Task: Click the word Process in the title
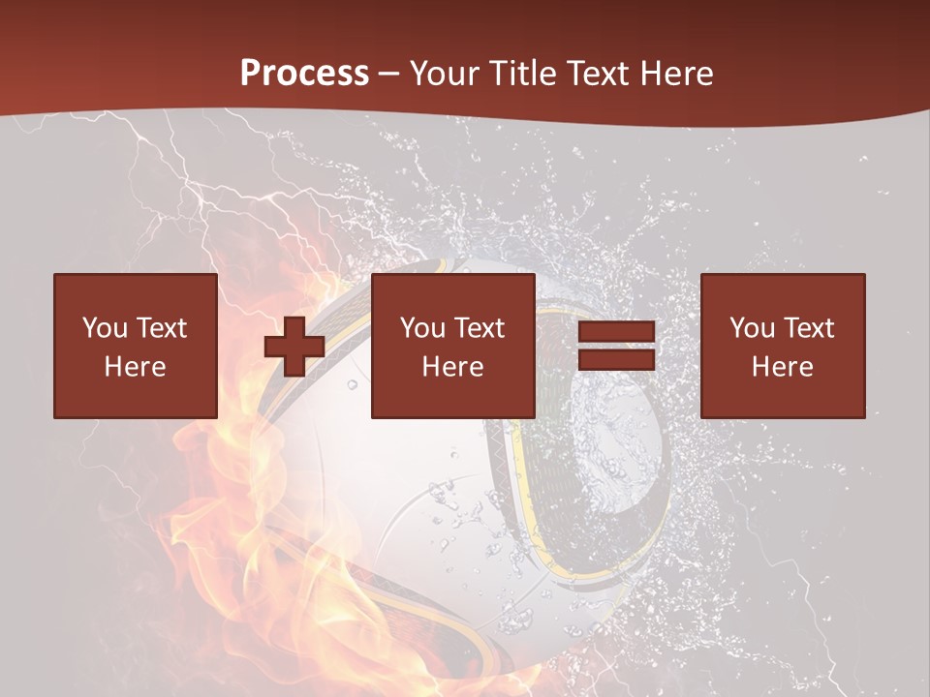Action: click(x=304, y=74)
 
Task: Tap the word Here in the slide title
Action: click(x=678, y=74)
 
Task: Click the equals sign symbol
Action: click(x=616, y=346)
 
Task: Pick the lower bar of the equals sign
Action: click(x=616, y=359)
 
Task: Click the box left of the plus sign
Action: click(x=135, y=346)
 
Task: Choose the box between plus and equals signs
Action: click(x=452, y=346)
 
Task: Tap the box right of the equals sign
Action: click(x=782, y=346)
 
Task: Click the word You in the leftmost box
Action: click(x=104, y=328)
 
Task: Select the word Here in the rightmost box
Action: click(x=782, y=367)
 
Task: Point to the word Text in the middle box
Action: click(x=479, y=328)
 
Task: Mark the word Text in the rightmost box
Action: click(x=808, y=328)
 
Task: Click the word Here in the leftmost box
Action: click(x=135, y=367)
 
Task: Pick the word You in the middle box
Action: click(x=421, y=328)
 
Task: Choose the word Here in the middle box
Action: click(x=452, y=367)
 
